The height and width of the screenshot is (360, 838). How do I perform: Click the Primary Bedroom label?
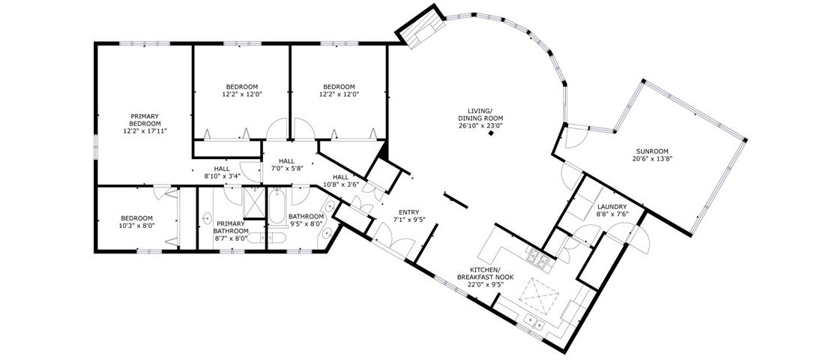click(145, 119)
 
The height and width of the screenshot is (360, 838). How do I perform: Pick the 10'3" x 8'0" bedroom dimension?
click(137, 226)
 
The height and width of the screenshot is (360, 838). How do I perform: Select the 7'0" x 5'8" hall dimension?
click(286, 167)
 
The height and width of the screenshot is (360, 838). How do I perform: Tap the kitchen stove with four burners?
click(539, 259)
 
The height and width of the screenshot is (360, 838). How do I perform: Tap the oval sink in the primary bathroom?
click(206, 218)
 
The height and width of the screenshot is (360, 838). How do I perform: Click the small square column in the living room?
click(491, 133)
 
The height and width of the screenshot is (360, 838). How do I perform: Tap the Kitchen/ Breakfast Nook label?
click(485, 273)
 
